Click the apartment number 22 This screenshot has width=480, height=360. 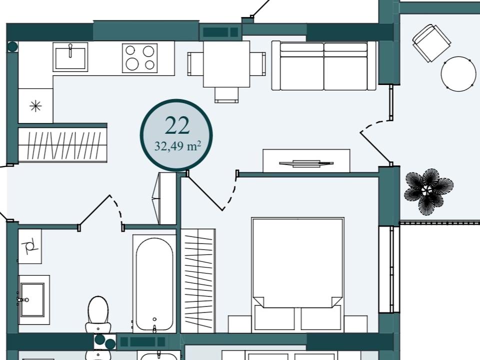coord(177,125)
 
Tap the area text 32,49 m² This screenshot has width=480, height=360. coord(177,146)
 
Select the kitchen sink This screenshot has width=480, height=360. coord(70,57)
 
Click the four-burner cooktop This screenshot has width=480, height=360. coord(140,58)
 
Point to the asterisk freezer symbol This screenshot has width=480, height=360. coord(36,106)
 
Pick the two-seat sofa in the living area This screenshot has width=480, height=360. coord(323,66)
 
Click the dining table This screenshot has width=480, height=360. coord(226,64)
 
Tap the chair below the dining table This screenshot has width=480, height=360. coord(226,95)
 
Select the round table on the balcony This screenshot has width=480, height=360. coord(458,73)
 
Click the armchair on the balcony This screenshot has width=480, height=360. coord(431,43)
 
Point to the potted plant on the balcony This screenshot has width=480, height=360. coord(428,191)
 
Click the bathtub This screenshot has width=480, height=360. coord(154,284)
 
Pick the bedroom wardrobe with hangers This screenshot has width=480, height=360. coord(198,280)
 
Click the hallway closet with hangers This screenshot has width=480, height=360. coord(62,145)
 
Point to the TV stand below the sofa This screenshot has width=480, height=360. coord(306,161)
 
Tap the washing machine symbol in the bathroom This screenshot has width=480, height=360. coord(29,246)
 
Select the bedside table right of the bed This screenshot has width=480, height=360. coord(355,324)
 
